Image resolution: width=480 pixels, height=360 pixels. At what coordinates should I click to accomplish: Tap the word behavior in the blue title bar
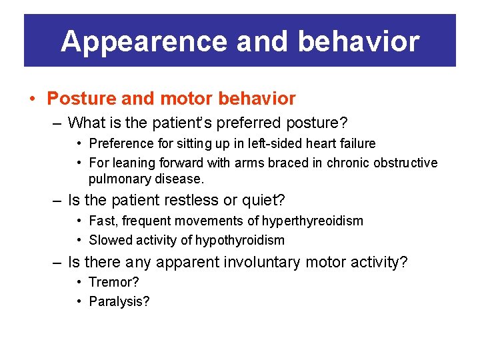pyautogui.click(x=359, y=41)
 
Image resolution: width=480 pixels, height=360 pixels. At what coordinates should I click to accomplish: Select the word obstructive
pyautogui.click(x=402, y=163)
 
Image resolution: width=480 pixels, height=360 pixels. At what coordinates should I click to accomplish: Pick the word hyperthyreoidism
pyautogui.click(x=312, y=221)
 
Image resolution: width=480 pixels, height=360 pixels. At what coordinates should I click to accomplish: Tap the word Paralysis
pyautogui.click(x=119, y=301)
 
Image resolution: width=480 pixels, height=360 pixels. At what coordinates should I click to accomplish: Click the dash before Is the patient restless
pyautogui.click(x=59, y=200)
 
